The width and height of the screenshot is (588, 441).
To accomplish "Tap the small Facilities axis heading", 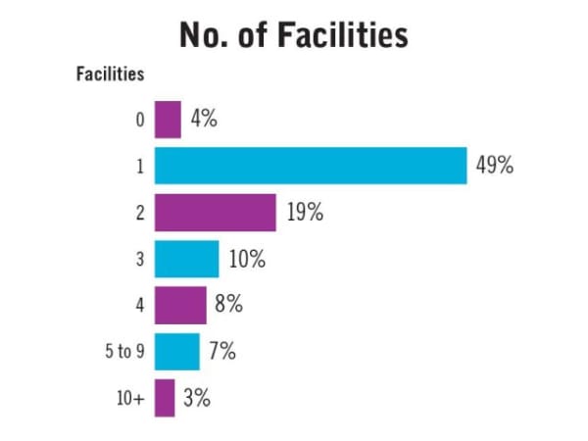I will point(111,73).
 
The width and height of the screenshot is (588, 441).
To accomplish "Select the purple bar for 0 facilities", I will point(168,121).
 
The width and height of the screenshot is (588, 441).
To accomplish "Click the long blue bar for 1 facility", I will point(310,166).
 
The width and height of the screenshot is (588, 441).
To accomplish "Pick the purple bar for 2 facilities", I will point(215,213).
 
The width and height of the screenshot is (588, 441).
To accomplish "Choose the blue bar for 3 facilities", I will point(186,259).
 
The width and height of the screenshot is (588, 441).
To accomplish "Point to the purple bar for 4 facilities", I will point(180,305).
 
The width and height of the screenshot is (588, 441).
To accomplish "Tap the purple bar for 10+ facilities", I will point(165,398).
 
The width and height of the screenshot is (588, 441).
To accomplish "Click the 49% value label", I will point(495,166).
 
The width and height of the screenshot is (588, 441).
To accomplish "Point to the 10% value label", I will point(247,259).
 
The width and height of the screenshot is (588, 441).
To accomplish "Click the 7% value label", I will point(221,351).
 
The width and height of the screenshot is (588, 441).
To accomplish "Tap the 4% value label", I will point(203,120).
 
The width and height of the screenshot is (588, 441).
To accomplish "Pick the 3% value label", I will point(196,398).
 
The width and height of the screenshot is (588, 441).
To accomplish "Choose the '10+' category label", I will point(132,398).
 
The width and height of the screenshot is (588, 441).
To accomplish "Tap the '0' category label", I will point(140,121).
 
